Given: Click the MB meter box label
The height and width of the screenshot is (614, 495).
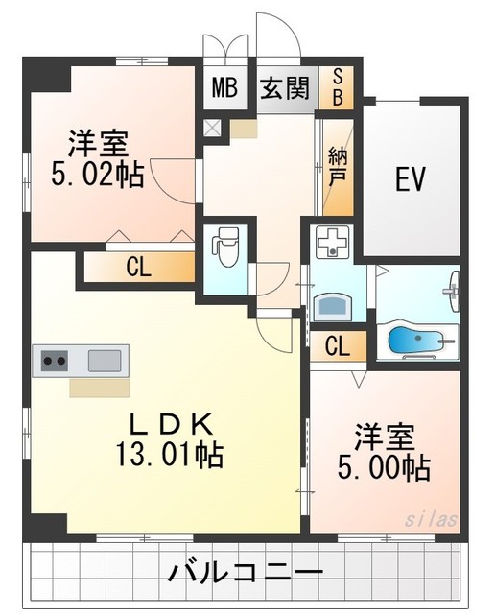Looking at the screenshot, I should (224, 89).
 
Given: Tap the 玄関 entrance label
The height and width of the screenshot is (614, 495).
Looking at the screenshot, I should (285, 89).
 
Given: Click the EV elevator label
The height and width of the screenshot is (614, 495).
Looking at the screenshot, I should (411, 179).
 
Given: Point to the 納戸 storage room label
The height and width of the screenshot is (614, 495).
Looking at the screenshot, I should (337, 165).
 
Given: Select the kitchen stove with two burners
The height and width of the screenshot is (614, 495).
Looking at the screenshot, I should (54, 361).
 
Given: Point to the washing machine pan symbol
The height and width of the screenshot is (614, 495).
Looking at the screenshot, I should (331, 247).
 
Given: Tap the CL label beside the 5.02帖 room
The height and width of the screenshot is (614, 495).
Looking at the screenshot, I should (139, 268).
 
